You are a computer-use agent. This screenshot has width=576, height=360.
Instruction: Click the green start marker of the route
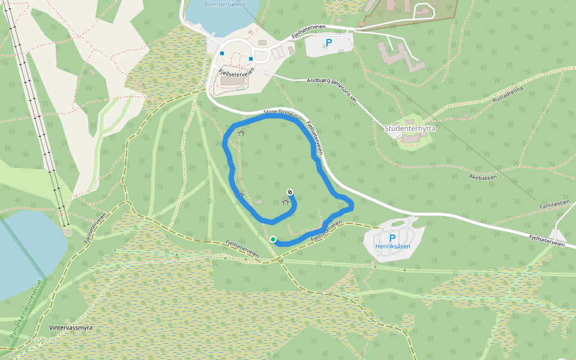273,239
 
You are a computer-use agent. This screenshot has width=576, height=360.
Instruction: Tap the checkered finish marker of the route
290,192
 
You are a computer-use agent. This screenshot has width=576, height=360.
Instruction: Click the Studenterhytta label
410,128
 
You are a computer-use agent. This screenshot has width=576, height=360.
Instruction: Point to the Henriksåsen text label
392,247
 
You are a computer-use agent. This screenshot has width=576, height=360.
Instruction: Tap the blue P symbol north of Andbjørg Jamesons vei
328,43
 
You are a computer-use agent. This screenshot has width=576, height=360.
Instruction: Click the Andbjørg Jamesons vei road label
331,91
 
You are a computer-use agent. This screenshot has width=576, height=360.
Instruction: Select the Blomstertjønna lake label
222,4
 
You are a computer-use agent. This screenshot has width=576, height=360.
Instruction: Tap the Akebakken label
483,177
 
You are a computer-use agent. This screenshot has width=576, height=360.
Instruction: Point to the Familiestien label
554,205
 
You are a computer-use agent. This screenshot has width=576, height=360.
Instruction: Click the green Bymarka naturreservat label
27,309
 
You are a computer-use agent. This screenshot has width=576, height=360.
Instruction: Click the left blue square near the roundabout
222,53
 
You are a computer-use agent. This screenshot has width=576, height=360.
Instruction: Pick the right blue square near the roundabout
250,59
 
